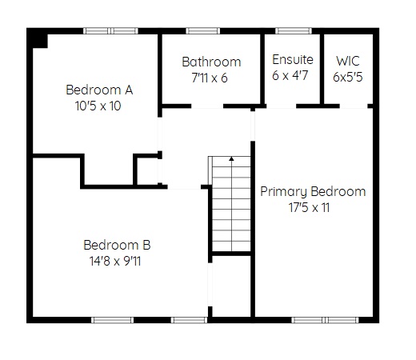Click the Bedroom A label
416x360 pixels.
[x=99, y=90]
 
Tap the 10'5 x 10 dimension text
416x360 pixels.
[x=98, y=106]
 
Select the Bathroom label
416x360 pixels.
[x=211, y=62]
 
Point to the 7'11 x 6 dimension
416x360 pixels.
[x=210, y=78]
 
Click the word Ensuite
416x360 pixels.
[x=293, y=59]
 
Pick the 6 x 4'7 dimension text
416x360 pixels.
[x=290, y=75]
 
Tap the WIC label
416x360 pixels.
[x=348, y=61]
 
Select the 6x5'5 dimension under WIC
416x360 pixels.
[x=348, y=77]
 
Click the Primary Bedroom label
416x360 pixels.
[x=313, y=192]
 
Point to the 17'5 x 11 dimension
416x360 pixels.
[x=310, y=207]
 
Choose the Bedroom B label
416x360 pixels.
[x=117, y=245]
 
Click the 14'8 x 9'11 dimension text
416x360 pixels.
[x=115, y=261]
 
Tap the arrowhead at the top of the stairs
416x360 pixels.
[x=231, y=158]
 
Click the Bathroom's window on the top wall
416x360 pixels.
[x=203, y=30]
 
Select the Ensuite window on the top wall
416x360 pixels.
[x=294, y=30]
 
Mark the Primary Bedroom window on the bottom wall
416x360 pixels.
[x=325, y=320]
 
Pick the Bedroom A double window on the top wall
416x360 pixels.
[x=110, y=30]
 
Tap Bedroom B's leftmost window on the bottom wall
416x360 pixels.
[x=112, y=320]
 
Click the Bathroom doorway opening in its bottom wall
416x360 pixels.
[x=207, y=106]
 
